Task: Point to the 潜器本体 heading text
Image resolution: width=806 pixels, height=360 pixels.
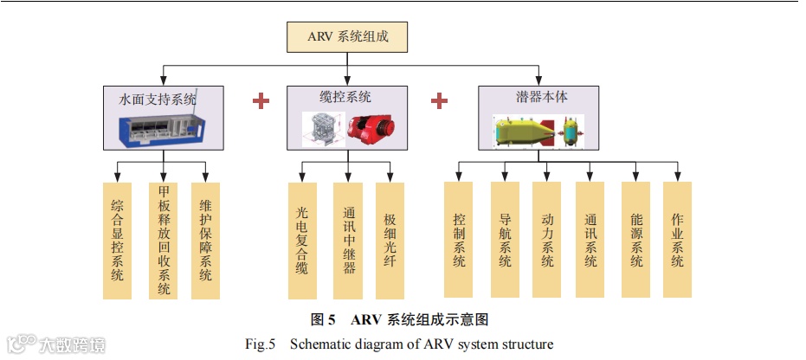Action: (x=536, y=97)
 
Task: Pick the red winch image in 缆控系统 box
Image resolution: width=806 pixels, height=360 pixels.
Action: (x=371, y=128)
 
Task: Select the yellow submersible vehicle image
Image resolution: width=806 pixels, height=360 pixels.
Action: (x=525, y=132)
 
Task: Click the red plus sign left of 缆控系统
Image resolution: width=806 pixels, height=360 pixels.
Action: (x=261, y=100)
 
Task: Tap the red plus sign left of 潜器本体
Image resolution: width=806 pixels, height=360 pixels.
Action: (x=439, y=100)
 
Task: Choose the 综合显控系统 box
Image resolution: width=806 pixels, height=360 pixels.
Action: (x=117, y=240)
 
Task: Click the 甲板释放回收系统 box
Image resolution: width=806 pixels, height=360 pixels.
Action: (x=164, y=240)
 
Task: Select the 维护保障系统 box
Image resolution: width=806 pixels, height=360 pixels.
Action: (x=205, y=240)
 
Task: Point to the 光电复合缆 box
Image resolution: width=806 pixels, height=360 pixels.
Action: (x=300, y=240)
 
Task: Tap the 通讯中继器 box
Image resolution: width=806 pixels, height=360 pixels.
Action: (x=347, y=240)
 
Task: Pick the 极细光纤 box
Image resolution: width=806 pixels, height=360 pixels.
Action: (x=390, y=240)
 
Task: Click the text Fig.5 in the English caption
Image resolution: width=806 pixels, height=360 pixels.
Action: (x=260, y=344)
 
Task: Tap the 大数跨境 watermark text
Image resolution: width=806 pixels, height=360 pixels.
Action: (x=73, y=345)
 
